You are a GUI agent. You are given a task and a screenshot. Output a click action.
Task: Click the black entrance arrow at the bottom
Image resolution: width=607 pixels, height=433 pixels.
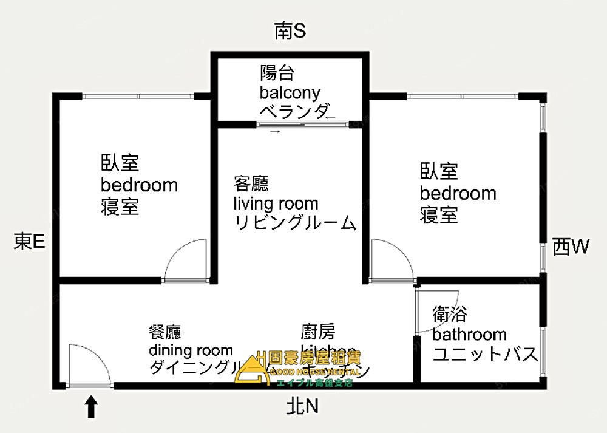91,407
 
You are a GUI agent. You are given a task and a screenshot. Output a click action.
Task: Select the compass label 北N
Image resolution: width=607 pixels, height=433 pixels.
302,406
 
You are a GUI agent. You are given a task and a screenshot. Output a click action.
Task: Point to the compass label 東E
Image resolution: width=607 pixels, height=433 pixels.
29,242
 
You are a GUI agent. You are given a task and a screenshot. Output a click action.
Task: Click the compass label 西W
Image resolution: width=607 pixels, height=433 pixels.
571,247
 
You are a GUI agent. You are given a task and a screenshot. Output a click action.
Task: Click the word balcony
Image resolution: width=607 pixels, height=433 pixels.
290,93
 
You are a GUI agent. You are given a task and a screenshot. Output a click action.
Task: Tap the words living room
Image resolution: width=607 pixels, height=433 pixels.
276,203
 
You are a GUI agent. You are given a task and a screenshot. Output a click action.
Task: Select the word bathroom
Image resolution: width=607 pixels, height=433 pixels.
469,334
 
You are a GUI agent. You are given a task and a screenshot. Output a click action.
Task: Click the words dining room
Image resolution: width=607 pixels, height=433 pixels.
191,350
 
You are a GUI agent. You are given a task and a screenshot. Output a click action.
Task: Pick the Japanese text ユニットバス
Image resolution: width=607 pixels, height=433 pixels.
485,353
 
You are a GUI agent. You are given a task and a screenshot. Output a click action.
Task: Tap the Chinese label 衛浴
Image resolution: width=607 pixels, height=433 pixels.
450,315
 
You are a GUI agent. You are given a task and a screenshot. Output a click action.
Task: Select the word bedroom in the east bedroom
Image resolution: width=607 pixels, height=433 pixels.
139,185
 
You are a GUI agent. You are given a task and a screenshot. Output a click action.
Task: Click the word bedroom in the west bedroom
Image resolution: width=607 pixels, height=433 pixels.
458,194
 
